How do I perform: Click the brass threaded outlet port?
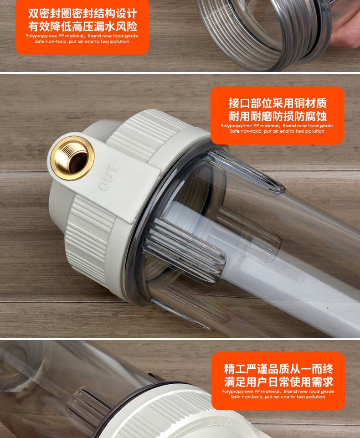click(72, 159)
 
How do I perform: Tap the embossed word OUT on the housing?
click(108, 177)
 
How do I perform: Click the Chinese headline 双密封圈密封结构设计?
click(82, 13)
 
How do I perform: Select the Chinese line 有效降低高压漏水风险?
click(82, 26)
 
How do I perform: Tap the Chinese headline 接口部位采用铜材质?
click(278, 103)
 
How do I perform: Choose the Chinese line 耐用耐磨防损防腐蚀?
click(278, 116)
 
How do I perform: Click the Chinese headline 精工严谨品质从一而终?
click(278, 369)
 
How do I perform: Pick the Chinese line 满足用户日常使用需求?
click(278, 382)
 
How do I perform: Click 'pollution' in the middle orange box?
click(315, 131)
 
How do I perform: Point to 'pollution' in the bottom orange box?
click(316, 397)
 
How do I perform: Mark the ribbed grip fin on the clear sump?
click(184, 252)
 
